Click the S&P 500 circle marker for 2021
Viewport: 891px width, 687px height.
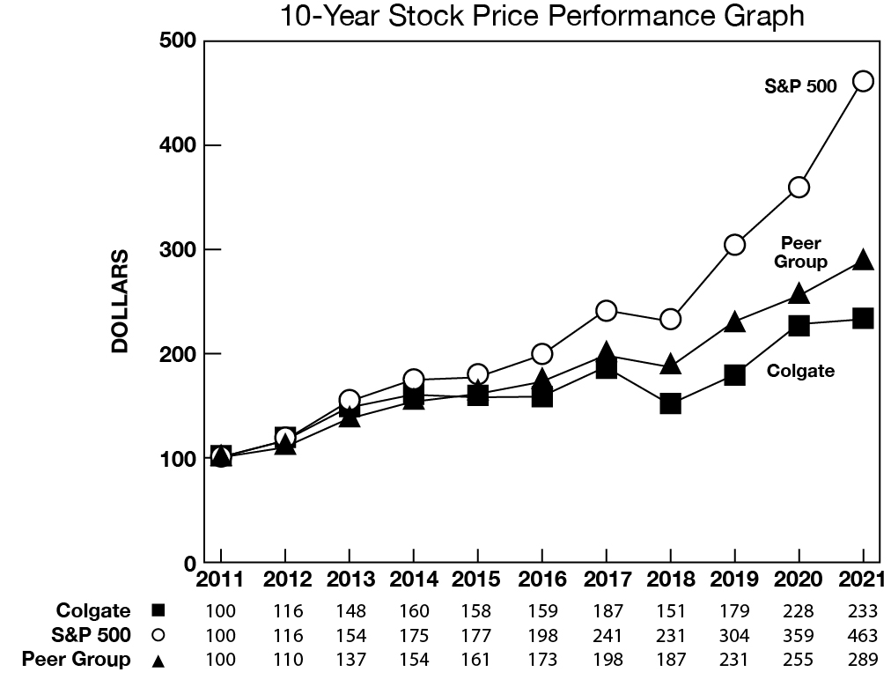[x=864, y=81]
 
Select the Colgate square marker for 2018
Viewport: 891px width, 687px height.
[x=670, y=404]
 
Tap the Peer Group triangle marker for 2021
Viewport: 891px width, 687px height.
[x=864, y=260]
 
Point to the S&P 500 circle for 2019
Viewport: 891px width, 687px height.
[x=735, y=245]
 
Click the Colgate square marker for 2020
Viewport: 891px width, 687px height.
[x=799, y=326]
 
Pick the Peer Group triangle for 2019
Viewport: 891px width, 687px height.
[x=735, y=323]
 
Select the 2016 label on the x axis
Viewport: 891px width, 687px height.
[x=541, y=581]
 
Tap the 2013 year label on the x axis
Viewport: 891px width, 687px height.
[x=349, y=581]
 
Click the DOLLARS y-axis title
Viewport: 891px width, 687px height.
[x=121, y=302]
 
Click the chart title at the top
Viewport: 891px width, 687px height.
[x=541, y=15]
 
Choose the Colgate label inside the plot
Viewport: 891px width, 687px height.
[x=800, y=371]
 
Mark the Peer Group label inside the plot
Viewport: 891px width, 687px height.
[x=800, y=253]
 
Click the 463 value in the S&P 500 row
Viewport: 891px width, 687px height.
[x=864, y=635]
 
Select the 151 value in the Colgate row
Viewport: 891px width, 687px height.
[x=670, y=611]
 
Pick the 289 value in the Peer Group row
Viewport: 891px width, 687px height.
[x=864, y=660]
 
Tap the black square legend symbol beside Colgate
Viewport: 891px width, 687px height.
[x=158, y=610]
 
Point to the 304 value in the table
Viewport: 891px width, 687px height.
[x=734, y=635]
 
